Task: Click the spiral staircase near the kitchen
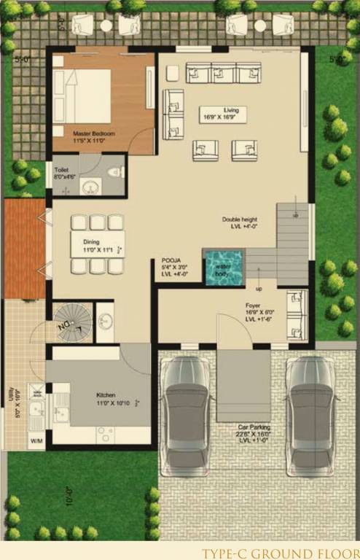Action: pyautogui.click(x=72, y=322)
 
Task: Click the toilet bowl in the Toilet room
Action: pyautogui.click(x=113, y=173)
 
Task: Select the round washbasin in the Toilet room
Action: pyautogui.click(x=90, y=187)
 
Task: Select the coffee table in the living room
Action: pyautogui.click(x=223, y=114)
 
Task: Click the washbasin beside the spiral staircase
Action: pyautogui.click(x=105, y=322)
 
